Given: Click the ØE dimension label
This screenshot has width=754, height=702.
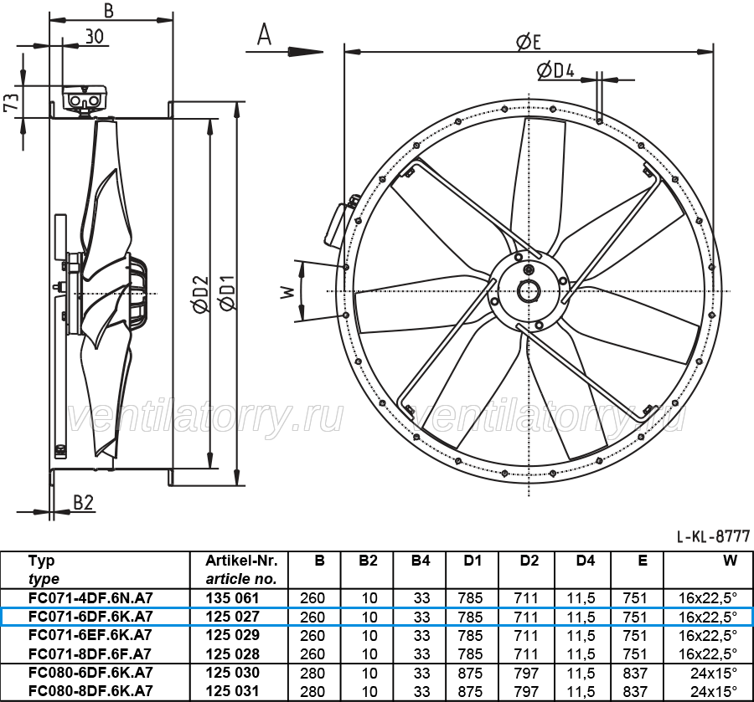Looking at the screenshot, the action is pos(529,42).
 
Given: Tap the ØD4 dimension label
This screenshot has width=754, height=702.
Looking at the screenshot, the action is pos(555,71).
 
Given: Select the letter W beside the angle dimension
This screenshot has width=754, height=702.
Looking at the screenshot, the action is pos(287,291).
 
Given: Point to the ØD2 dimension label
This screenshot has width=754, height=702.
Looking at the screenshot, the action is pos(201,294).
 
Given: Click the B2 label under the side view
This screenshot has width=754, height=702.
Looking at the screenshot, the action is pos(83,502).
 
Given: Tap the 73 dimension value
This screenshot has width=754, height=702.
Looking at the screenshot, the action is pos(12,102).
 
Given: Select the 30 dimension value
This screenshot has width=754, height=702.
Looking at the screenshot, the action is pos(94,36).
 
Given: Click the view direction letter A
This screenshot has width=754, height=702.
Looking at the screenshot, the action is pos(265,34).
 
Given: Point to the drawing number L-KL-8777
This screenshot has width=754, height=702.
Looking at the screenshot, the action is pos(713,535).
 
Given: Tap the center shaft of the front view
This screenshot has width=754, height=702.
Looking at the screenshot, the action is pos(529,291).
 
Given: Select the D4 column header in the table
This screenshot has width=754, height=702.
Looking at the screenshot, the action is pos(585,561).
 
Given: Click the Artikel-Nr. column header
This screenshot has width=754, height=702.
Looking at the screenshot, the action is pos(241,561).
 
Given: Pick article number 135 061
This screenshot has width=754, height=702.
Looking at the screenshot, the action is pos(232,597).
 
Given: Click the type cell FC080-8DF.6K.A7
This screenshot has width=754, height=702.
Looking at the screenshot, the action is pos(90,690).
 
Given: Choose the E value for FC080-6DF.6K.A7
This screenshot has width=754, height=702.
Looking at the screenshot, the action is pos(635,673).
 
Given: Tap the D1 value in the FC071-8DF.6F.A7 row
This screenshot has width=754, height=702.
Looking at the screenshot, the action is pos(470,654).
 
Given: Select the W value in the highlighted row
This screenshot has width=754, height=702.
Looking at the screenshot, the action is pos(707,617).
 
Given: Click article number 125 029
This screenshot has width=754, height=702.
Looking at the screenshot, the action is pos(232,635).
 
